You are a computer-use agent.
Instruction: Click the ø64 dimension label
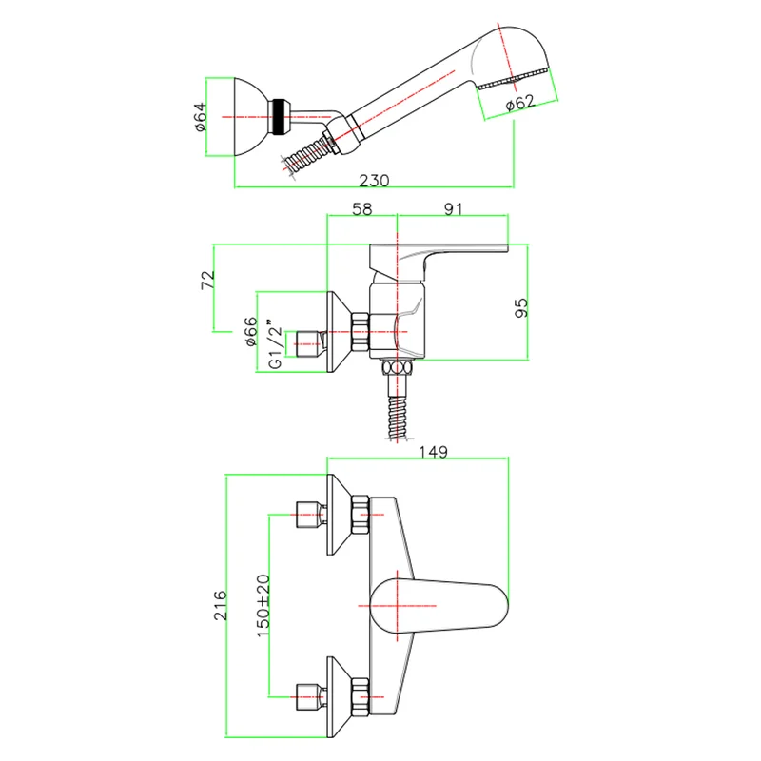(x=200, y=117)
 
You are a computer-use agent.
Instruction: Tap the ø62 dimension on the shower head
(x=519, y=103)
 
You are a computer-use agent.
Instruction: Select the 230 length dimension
(x=374, y=181)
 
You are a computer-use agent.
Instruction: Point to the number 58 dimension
(x=362, y=209)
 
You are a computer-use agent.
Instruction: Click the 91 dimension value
(x=453, y=209)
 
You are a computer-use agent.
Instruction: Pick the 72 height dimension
(x=207, y=280)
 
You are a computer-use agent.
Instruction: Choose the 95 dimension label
(x=520, y=308)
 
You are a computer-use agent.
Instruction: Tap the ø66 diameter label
(x=250, y=331)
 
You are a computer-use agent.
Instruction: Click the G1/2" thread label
(x=275, y=343)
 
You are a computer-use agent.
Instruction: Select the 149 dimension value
(x=433, y=453)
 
